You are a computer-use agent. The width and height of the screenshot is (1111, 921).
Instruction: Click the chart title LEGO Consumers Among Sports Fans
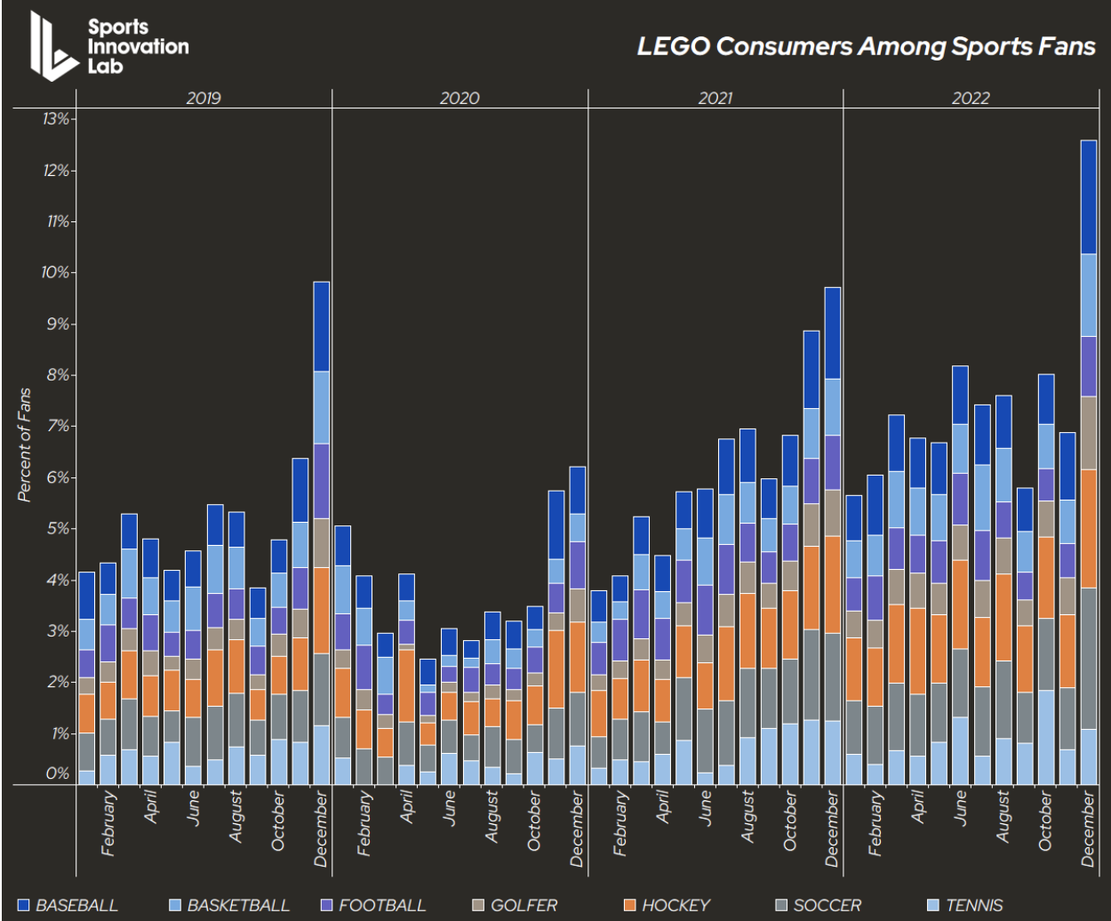point(866,46)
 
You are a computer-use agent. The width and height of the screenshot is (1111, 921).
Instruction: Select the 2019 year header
point(204,98)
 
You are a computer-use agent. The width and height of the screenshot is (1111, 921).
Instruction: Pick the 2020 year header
point(460,98)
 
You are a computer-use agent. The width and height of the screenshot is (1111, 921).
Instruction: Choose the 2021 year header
point(715,98)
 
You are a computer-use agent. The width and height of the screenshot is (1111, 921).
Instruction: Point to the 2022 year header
point(971,98)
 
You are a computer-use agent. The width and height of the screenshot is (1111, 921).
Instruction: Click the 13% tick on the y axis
point(60,119)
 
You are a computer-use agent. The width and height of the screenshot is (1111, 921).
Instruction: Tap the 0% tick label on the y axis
point(58,773)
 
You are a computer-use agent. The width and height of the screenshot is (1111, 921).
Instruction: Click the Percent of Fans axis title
point(25,444)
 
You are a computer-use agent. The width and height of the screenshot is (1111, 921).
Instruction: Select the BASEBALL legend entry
point(68,905)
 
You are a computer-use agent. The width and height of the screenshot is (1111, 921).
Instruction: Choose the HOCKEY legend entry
point(667,905)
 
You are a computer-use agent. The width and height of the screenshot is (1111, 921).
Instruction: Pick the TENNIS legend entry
point(964,905)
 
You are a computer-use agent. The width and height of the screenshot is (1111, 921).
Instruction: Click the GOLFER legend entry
point(515,905)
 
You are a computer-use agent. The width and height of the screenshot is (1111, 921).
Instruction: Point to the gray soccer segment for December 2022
point(1089,658)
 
